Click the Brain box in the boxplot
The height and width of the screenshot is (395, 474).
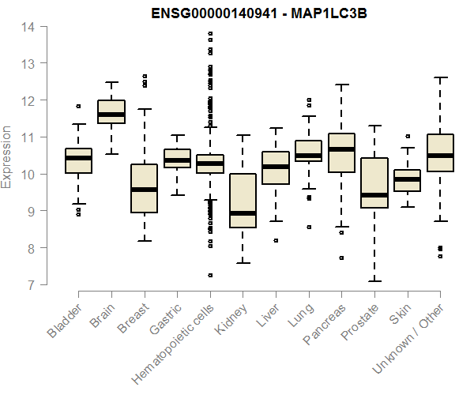[x=111, y=111]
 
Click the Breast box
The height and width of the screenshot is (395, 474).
[x=144, y=188]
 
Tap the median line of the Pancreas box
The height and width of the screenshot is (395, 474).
[x=340, y=149]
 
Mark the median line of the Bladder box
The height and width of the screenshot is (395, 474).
[x=78, y=158]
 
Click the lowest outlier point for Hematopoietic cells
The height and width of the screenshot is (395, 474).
[x=210, y=275]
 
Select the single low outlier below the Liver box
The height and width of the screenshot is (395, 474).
[x=276, y=240]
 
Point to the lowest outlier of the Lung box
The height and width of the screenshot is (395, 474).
[x=309, y=227]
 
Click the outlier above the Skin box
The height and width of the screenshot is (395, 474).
[x=407, y=137]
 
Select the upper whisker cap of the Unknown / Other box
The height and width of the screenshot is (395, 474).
[x=440, y=77]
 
